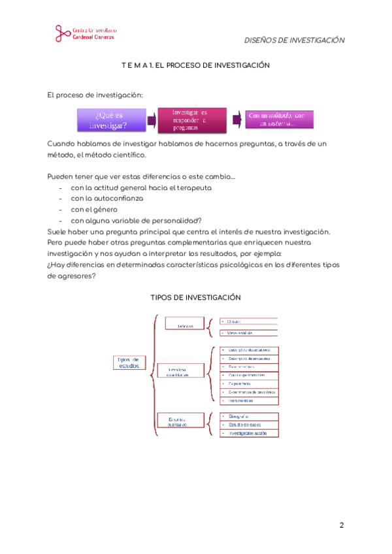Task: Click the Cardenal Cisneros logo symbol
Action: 61,33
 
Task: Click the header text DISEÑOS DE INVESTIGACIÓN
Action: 294,40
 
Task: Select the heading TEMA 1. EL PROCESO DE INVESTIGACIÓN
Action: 196,66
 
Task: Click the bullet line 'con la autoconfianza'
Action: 106,198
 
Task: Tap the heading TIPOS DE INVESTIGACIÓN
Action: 196,297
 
